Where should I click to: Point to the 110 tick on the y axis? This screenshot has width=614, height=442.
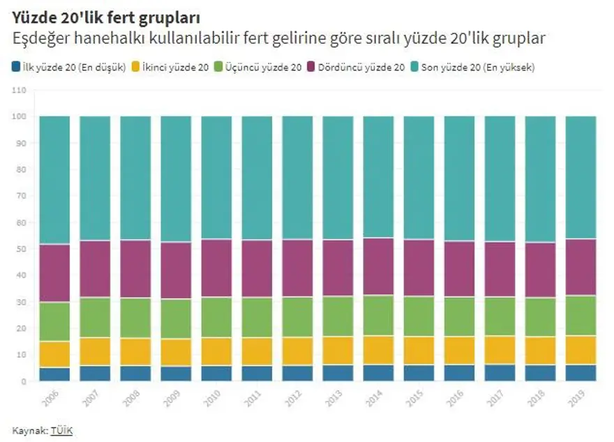(19, 90)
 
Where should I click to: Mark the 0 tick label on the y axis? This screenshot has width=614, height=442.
(23, 381)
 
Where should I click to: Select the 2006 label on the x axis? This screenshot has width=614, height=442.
(51, 399)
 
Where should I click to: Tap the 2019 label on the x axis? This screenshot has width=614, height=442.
(577, 399)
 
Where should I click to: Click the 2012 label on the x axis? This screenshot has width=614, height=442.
(294, 399)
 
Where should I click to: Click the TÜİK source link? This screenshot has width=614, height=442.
(61, 431)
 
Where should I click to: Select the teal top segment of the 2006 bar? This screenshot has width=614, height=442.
(54, 180)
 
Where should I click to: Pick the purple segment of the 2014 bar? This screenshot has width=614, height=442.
(378, 266)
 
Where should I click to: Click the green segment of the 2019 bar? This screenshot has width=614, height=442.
(581, 316)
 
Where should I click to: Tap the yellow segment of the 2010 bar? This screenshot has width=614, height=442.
(216, 351)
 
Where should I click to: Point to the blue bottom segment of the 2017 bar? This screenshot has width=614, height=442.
(500, 373)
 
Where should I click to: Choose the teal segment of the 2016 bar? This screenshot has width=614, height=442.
(459, 178)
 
